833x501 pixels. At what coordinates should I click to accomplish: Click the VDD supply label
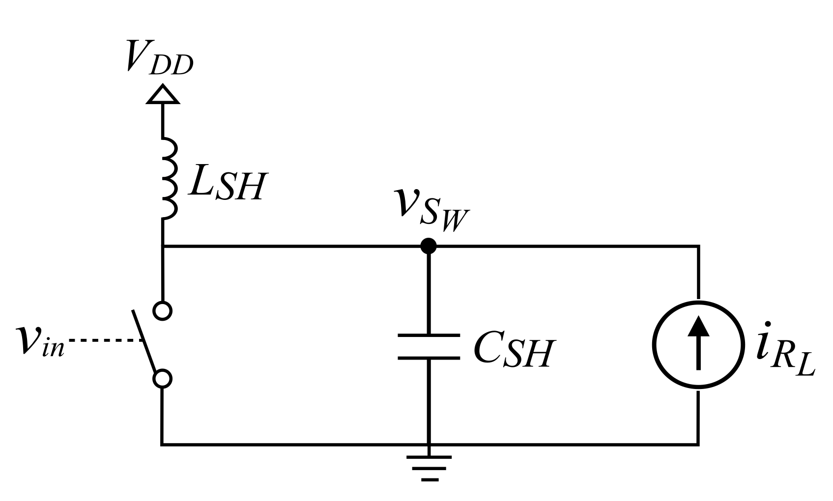point(159,57)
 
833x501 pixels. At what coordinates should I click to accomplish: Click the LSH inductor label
point(227,185)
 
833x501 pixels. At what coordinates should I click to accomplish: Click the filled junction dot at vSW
point(429,246)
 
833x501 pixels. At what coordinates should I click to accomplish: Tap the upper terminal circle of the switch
point(163,311)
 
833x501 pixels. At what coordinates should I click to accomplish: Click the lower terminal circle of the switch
point(163,379)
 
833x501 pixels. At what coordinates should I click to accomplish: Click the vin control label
point(39,341)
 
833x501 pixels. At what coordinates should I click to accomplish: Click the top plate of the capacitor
point(429,335)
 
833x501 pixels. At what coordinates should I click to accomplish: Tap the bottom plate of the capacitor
point(429,358)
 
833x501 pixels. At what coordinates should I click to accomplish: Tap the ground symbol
point(429,467)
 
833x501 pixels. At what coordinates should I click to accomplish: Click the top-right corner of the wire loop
point(698,246)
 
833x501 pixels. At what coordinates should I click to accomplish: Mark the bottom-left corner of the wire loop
point(162,445)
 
